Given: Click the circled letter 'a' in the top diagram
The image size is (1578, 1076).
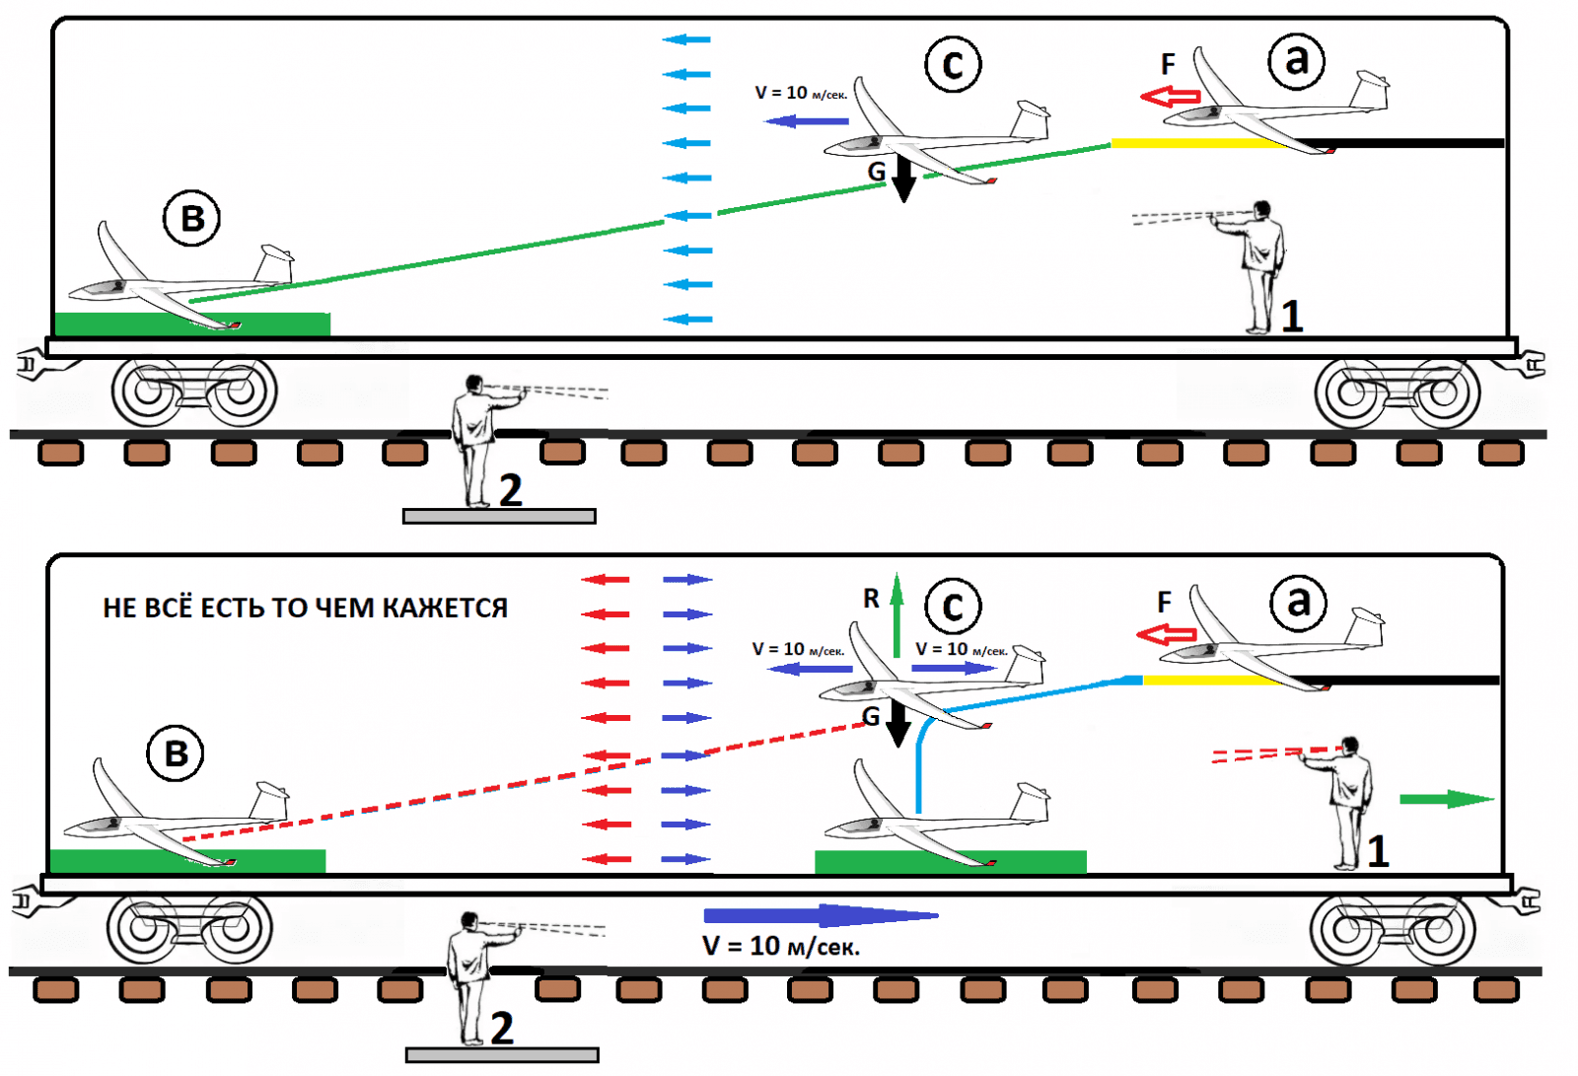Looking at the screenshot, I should point(1297,61).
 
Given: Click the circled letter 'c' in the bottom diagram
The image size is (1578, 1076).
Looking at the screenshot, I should point(953,607).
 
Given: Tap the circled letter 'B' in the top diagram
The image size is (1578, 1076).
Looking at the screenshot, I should point(192,218).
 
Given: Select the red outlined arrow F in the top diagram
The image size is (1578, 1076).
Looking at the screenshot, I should point(1170,97).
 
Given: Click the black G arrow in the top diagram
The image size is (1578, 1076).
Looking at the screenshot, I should point(903,178).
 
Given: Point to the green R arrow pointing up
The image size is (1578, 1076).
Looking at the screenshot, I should point(897,615).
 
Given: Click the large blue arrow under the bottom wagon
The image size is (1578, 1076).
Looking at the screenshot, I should point(819,915).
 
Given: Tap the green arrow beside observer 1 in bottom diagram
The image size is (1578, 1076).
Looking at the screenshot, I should point(1446,799).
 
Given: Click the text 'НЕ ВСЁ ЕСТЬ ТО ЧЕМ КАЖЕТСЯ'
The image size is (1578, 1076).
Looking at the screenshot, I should point(305,609).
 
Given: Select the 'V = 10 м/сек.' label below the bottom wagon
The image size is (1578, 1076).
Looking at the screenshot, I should point(781,947).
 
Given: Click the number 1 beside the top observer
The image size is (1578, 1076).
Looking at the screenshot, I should point(1292,317).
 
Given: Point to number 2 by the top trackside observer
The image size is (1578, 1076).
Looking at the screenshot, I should point(510,490).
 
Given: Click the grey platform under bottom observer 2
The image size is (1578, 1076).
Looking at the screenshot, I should point(502,1055).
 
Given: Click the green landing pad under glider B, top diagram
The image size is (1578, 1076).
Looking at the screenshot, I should point(192,324).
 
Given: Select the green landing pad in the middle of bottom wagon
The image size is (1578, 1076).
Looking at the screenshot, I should point(950,862).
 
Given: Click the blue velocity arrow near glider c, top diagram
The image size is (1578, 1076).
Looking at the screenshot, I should point(807,121).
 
